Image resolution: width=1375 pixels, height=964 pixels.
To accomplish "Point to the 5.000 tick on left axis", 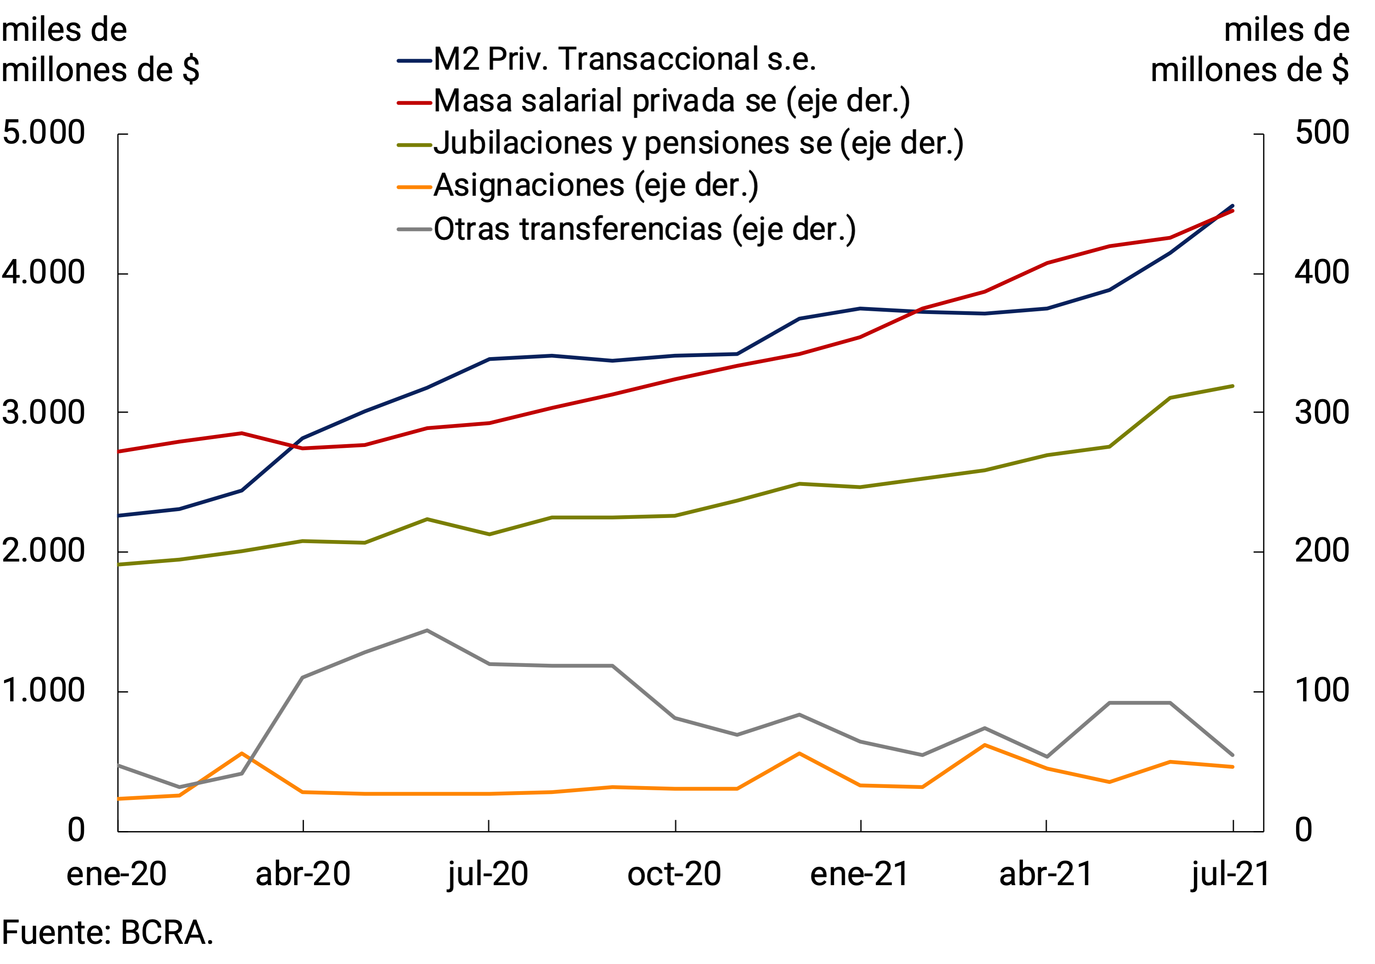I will [44, 132].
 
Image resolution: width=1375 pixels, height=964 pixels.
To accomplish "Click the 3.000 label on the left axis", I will [44, 413].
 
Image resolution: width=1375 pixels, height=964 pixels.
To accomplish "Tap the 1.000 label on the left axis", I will [44, 690].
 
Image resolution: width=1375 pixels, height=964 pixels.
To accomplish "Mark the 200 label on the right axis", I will [1322, 551].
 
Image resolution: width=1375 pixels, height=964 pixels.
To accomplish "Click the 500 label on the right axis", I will [1322, 132].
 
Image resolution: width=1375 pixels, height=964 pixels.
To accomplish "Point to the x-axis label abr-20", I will [303, 874].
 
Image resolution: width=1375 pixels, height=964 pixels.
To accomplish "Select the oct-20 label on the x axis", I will [674, 874].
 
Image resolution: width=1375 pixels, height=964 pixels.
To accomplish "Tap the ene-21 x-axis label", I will [860, 874].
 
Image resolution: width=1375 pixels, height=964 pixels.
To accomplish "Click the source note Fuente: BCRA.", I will [108, 933].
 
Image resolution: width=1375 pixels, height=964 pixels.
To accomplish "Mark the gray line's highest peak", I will [427, 630].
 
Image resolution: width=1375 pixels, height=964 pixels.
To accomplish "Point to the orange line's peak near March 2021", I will [985, 745].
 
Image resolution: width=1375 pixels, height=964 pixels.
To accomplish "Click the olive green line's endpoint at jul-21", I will [1232, 386].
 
